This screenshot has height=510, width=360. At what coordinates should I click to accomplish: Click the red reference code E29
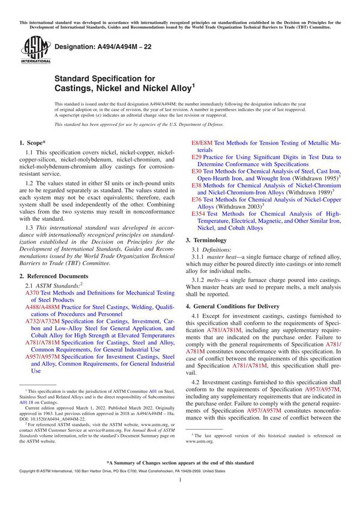pos(197,157)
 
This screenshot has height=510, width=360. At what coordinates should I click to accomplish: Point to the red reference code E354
pos(199,213)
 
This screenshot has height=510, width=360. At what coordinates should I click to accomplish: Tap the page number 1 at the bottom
pos(180,490)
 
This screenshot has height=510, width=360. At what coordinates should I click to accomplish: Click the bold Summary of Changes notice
pos(180,464)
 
